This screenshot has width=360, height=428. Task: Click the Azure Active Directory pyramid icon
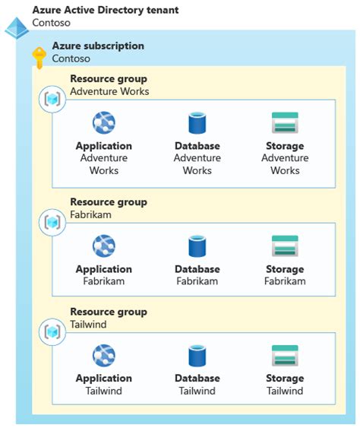16,27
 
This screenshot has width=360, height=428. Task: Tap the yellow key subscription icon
39,56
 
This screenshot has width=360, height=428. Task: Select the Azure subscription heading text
98,46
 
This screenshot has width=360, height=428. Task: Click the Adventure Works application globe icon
103,122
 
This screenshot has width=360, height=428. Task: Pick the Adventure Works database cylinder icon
197,122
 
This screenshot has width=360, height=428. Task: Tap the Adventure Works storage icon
285,122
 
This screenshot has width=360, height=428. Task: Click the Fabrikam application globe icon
103,246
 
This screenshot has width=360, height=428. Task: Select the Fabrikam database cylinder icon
197,246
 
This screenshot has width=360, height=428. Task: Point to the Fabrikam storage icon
285,246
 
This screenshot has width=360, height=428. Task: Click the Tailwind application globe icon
103,356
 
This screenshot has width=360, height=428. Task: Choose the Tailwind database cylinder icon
197,356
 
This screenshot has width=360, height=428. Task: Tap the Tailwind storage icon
285,356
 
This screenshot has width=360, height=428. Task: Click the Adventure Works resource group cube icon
52,99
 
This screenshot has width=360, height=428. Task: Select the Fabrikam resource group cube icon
52,222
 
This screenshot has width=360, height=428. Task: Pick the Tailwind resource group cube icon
52,331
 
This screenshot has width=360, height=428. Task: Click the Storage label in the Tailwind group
285,379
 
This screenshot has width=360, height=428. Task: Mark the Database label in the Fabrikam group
197,269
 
